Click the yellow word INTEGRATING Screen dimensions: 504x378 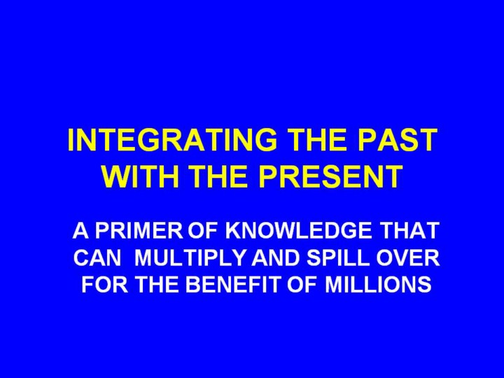click(172, 140)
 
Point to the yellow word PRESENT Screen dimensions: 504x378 click(330, 176)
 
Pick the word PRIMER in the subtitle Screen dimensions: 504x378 click(139, 230)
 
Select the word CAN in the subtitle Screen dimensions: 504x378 click(98, 258)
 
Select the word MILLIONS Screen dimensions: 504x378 click(378, 284)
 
